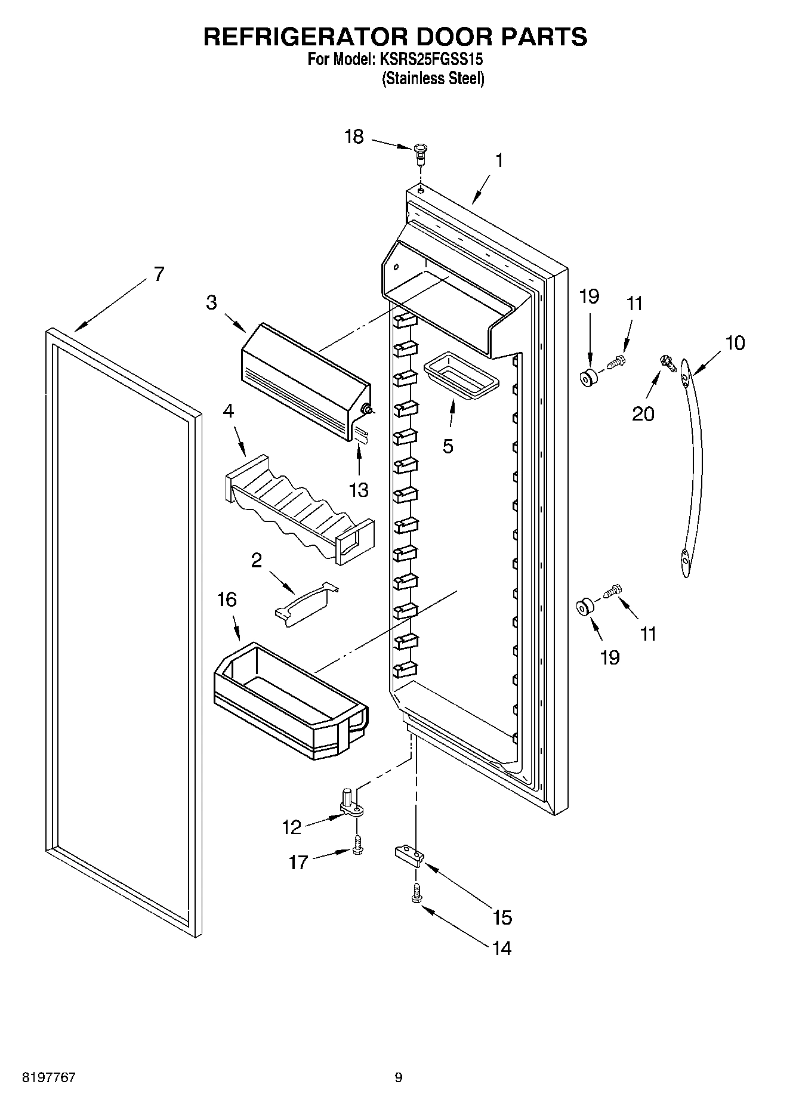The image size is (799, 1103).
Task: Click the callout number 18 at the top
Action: click(354, 137)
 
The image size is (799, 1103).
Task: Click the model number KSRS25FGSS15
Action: click(427, 60)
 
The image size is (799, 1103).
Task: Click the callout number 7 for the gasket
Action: click(158, 274)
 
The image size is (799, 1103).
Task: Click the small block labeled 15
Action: click(409, 855)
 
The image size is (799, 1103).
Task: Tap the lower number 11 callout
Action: click(648, 634)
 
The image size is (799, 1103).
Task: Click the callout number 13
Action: click(359, 490)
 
